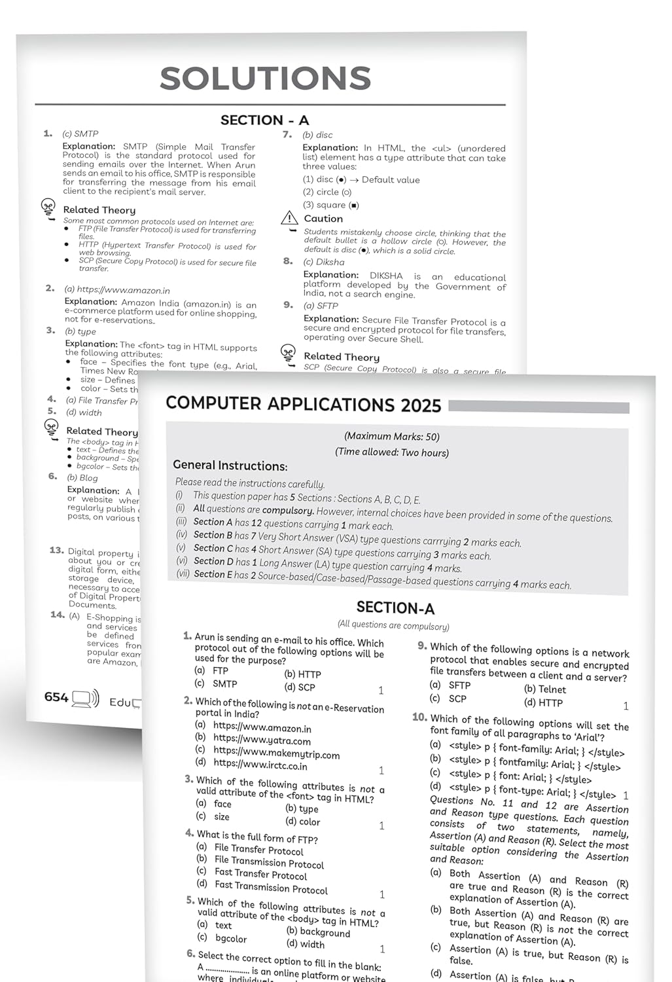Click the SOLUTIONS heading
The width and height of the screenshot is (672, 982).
pyautogui.click(x=266, y=79)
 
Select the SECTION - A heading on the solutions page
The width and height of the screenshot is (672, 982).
pyautogui.click(x=264, y=120)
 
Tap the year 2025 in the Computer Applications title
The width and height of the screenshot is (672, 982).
pyautogui.click(x=421, y=406)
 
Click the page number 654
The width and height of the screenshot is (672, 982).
pyautogui.click(x=56, y=697)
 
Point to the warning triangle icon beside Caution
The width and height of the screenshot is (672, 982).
pyautogui.click(x=289, y=219)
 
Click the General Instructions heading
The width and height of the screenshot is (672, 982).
pyautogui.click(x=230, y=465)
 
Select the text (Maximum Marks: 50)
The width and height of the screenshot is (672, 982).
pyautogui.click(x=392, y=437)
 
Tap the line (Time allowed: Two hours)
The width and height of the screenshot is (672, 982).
pyautogui.click(x=392, y=452)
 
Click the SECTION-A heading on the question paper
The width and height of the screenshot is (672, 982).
pyautogui.click(x=395, y=608)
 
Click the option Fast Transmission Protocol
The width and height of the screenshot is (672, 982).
pyautogui.click(x=271, y=888)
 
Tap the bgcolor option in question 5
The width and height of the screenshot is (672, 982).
pyautogui.click(x=230, y=938)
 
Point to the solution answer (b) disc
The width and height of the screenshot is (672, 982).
pyautogui.click(x=317, y=135)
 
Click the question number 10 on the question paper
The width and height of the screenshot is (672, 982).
pyautogui.click(x=419, y=718)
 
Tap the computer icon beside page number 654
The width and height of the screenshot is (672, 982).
pyautogui.click(x=85, y=699)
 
